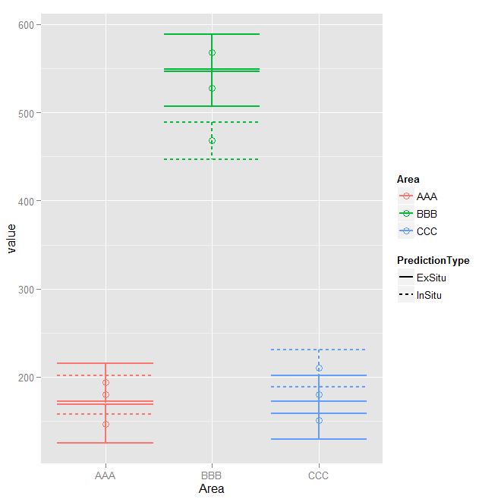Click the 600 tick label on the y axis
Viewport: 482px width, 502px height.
33,25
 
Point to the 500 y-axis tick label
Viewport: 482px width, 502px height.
33,113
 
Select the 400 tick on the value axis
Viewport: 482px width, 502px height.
33,201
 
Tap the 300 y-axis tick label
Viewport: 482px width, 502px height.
33,289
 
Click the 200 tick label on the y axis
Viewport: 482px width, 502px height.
33,377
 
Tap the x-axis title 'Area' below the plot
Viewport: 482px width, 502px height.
212,489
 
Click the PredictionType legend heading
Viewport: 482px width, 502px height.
433,260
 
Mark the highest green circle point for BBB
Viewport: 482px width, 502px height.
212,52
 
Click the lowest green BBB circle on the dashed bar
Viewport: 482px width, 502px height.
212,141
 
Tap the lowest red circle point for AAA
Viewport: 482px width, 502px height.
106,424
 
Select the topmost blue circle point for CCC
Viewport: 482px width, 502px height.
319,368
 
